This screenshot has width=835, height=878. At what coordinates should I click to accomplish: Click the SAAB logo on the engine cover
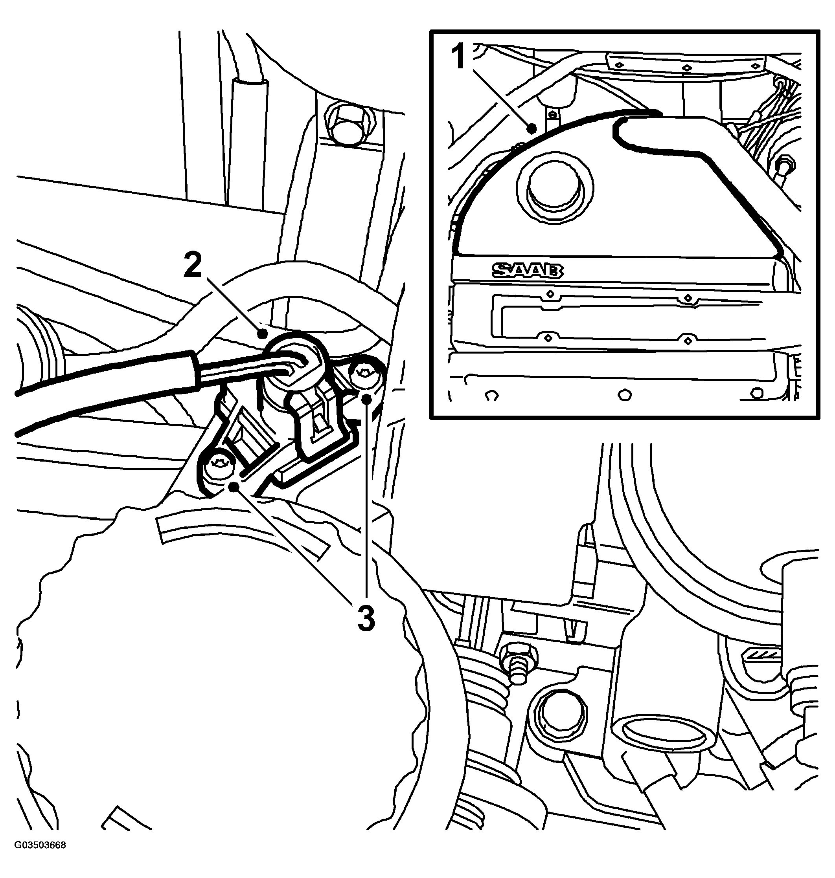(528, 270)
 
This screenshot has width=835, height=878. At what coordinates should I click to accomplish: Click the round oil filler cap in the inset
(554, 188)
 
